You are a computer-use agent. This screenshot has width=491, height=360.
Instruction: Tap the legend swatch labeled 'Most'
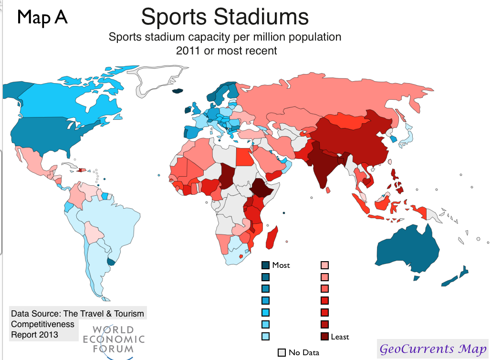click(266, 265)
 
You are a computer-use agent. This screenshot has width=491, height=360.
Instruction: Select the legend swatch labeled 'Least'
click(324, 337)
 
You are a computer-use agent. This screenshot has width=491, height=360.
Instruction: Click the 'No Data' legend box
click(282, 352)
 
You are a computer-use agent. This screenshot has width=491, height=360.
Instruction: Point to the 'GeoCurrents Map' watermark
click(433, 349)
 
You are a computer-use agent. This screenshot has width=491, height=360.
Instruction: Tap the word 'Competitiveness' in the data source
click(43, 324)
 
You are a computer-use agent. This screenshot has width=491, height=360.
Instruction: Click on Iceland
click(178, 91)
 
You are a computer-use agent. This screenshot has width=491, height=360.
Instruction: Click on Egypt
click(244, 155)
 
